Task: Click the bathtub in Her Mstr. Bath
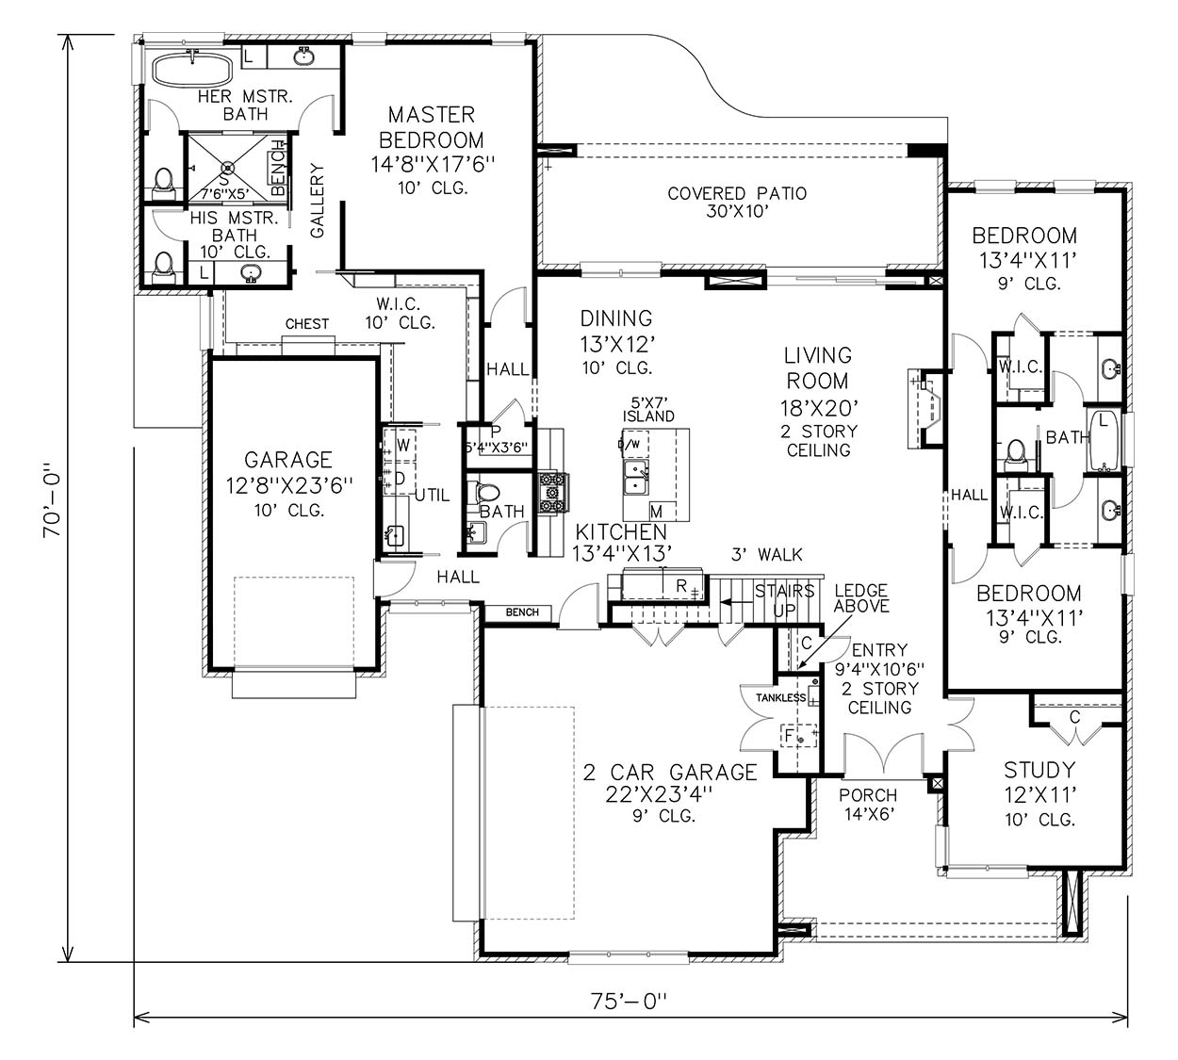pyautogui.click(x=192, y=70)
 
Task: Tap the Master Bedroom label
pyautogui.click(x=432, y=127)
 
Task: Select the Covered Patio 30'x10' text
pyautogui.click(x=737, y=202)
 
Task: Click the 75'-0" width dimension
pyautogui.click(x=629, y=1001)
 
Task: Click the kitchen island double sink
pyautogui.click(x=636, y=478)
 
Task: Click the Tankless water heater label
pyautogui.click(x=780, y=697)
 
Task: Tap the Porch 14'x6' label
pyautogui.click(x=868, y=805)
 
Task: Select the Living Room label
pyautogui.click(x=818, y=368)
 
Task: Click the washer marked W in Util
pyautogui.click(x=401, y=446)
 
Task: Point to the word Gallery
pyautogui.click(x=317, y=201)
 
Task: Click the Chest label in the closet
pyautogui.click(x=306, y=324)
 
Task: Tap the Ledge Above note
pyautogui.click(x=861, y=598)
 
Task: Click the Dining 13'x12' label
pyautogui.click(x=616, y=343)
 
